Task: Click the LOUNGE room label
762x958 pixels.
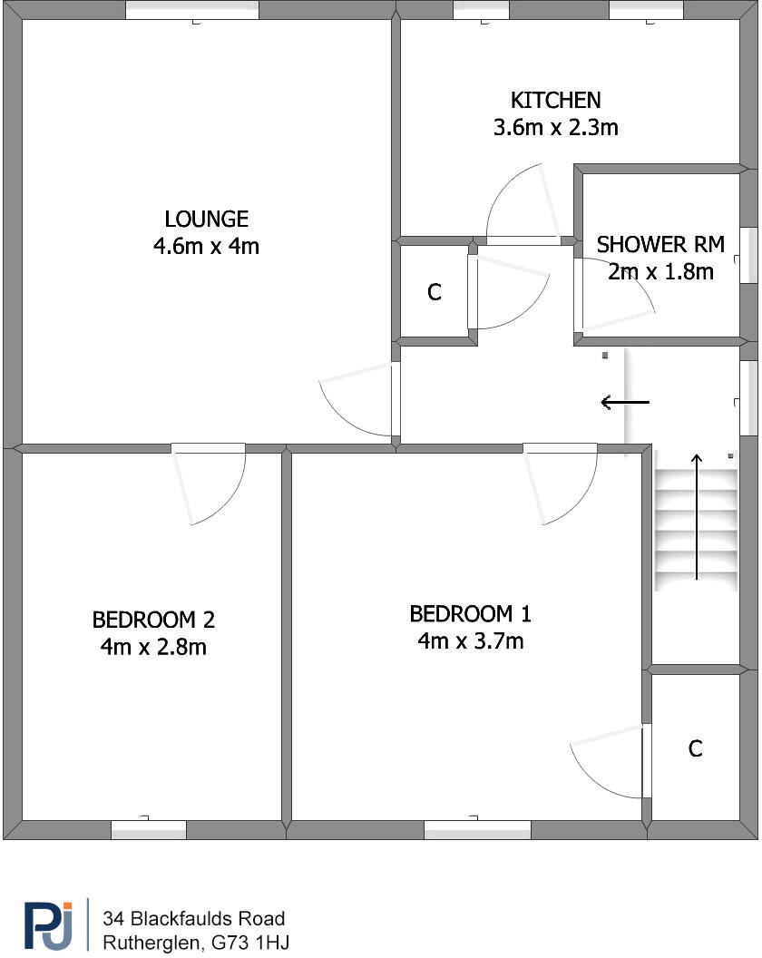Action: [206, 219]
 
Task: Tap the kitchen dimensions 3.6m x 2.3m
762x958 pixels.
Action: [555, 127]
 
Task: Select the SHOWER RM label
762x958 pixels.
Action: [660, 244]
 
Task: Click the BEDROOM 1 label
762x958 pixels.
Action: [470, 614]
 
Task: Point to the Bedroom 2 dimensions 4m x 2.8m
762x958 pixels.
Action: [153, 648]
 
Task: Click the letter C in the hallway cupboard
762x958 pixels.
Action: [435, 293]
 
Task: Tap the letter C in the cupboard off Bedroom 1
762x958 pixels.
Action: [695, 749]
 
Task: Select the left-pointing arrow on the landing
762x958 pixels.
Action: [625, 401]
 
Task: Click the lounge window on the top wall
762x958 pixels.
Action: [191, 11]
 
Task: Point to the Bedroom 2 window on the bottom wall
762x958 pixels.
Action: [148, 829]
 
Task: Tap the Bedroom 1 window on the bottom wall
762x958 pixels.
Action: [477, 829]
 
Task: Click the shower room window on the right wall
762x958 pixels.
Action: [748, 255]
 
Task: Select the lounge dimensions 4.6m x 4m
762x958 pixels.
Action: [206, 246]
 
